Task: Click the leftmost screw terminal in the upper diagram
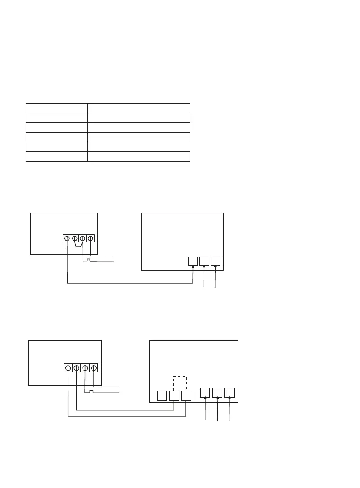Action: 67,238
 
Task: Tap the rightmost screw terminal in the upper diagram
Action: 90,238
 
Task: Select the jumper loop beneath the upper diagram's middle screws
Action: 78,245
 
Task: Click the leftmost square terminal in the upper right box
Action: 193,261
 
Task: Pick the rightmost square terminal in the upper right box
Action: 215,261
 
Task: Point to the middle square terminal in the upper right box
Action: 204,261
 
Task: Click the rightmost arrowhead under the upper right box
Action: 215,268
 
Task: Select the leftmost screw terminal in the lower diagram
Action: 68,367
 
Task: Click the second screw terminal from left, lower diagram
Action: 76,367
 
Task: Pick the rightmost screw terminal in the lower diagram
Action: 93,367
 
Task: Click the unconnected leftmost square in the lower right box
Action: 162,396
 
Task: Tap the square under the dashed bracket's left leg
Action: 174,396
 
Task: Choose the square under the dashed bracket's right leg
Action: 186,396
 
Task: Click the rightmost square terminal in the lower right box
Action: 229,392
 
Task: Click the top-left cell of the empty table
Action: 57,108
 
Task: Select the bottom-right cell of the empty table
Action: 138,157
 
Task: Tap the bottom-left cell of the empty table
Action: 57,157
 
